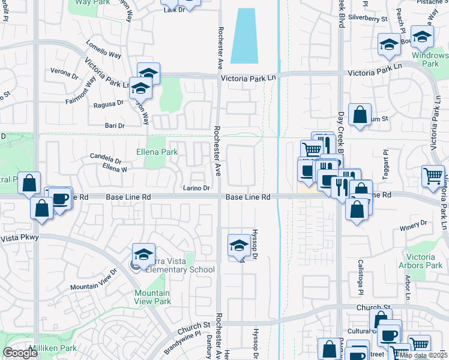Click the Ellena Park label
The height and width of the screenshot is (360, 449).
(157, 152)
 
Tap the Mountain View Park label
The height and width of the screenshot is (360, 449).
(152, 297)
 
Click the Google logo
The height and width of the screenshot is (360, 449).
(20, 353)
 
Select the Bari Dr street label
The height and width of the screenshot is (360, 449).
(114, 125)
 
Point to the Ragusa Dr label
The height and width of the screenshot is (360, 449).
(109, 103)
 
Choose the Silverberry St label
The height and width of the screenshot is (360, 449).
(368, 19)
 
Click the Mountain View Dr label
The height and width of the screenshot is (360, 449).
(93, 284)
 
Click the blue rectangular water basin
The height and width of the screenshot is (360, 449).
(245, 35)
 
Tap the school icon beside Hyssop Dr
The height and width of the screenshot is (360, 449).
(239, 246)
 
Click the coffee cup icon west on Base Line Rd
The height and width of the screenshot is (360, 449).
(60, 198)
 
